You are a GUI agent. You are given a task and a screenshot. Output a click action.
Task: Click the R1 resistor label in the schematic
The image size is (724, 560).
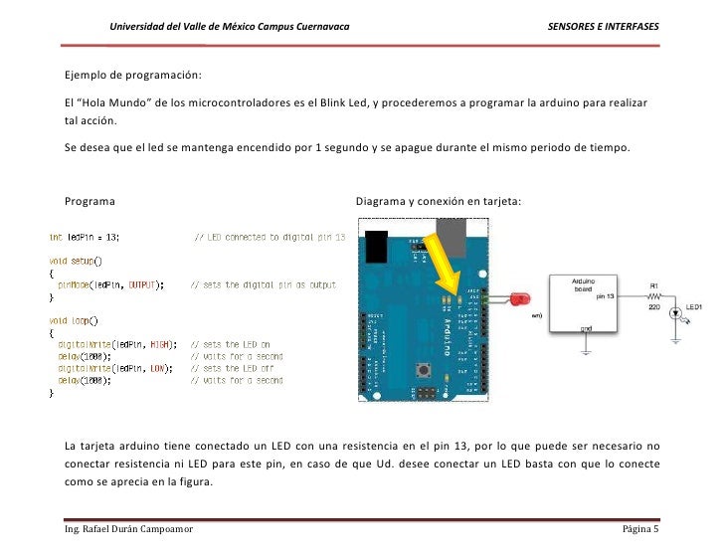[653, 284]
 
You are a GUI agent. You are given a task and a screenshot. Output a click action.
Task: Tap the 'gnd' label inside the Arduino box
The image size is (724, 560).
[588, 328]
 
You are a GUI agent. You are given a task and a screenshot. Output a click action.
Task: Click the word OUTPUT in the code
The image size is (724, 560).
[144, 284]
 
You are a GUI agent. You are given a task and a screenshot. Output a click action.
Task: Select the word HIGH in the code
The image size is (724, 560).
[157, 344]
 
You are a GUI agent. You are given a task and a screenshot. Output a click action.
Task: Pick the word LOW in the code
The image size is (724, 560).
[155, 368]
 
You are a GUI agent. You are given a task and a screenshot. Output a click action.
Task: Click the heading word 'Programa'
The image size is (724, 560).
[90, 202]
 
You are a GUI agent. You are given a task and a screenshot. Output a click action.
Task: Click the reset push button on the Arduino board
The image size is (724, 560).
[427, 372]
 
